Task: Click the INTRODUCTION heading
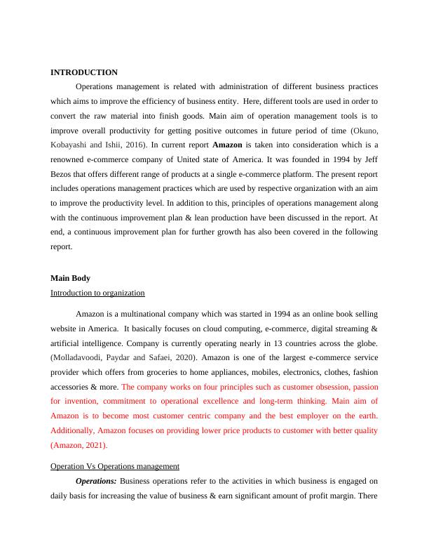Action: click(x=84, y=72)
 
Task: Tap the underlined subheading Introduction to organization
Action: click(x=97, y=293)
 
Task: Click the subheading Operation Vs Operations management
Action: click(x=115, y=466)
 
